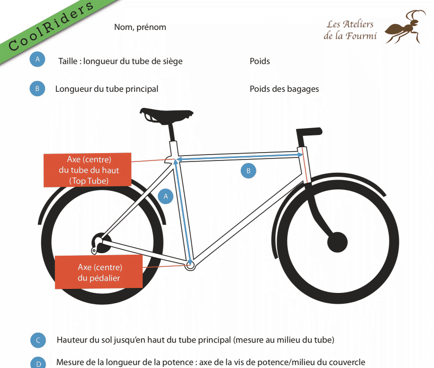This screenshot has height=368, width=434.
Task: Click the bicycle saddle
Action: (x=166, y=116)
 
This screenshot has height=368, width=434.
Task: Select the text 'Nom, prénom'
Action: (x=140, y=27)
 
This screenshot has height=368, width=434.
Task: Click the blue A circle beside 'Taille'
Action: (x=37, y=59)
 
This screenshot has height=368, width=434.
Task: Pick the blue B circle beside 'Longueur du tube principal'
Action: (x=37, y=89)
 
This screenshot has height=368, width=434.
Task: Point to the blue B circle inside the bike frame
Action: (x=248, y=171)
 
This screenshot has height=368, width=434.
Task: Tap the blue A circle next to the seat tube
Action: (x=166, y=196)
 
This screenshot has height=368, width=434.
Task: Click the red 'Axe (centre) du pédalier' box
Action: (x=99, y=272)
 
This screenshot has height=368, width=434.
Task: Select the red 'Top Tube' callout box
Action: (x=87, y=170)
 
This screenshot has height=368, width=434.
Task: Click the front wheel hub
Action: (x=337, y=242)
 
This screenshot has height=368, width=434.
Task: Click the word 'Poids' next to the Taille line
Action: (x=259, y=61)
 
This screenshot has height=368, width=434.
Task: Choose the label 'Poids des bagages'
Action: (x=284, y=89)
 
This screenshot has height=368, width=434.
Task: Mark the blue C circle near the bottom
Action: (x=38, y=341)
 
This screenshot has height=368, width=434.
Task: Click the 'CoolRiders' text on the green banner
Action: (x=51, y=26)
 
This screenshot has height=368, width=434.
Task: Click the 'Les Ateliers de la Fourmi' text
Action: (x=350, y=30)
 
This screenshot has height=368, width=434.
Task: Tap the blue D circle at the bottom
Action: (x=38, y=363)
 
